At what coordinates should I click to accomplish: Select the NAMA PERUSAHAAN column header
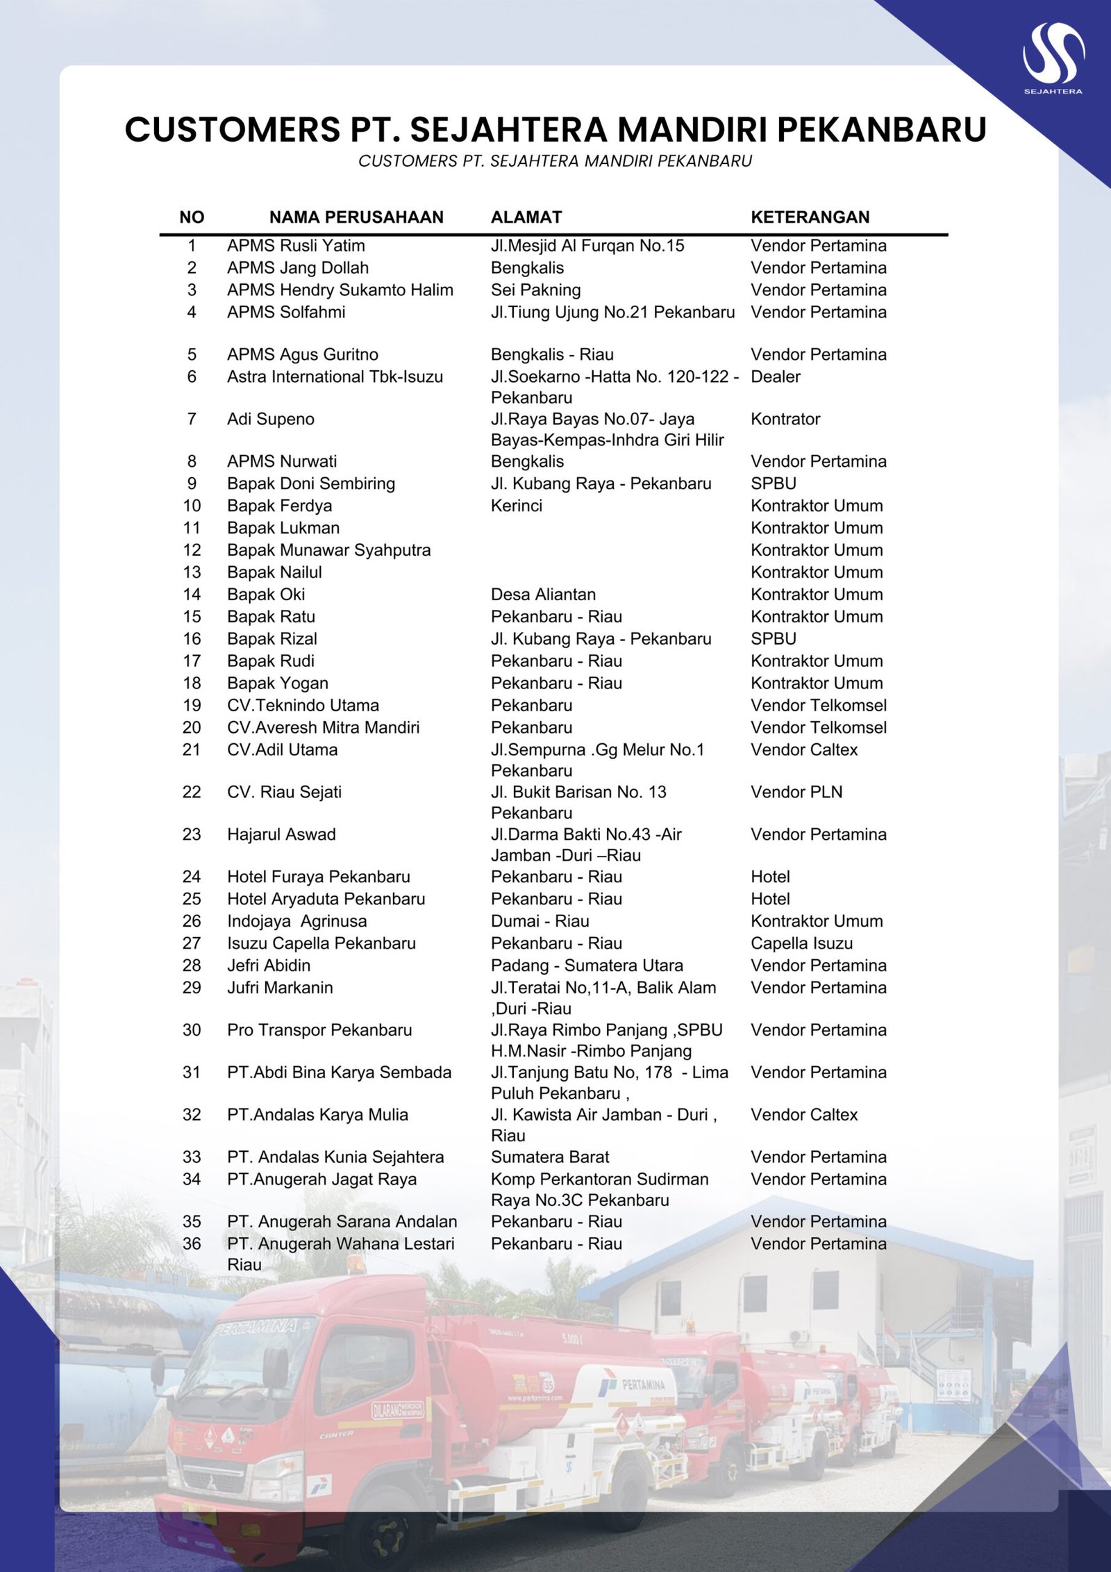[356, 217]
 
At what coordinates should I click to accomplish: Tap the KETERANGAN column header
[810, 217]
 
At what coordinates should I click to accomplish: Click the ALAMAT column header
[526, 217]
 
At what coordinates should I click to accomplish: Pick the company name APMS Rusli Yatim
[296, 246]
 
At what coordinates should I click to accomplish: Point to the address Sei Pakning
[535, 290]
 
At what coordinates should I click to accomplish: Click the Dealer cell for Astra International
[775, 377]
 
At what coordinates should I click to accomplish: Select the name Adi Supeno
[271, 420]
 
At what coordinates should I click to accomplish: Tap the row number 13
[192, 572]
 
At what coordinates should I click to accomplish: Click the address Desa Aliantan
[543, 595]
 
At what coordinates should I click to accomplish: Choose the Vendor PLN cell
[796, 793]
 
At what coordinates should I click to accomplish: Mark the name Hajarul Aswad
[281, 835]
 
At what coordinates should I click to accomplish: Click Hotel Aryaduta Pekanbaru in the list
[326, 900]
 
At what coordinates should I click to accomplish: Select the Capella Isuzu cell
[801, 944]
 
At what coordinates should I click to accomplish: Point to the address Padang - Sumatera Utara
[587, 966]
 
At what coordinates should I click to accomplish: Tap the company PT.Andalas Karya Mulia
[317, 1116]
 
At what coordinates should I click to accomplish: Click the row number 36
[192, 1244]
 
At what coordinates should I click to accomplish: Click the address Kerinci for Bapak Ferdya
[516, 506]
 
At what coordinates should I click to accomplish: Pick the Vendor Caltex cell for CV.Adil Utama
[803, 750]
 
